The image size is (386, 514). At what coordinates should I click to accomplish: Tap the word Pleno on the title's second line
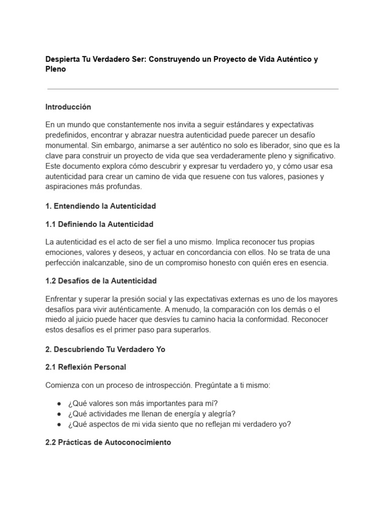(55, 69)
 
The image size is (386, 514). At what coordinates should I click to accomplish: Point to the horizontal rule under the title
(192, 89)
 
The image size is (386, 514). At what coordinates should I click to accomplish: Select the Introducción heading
(68, 107)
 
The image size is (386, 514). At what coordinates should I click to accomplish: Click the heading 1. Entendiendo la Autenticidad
(101, 206)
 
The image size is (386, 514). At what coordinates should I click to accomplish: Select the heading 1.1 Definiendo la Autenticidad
(99, 224)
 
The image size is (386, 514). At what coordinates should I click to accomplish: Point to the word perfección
(64, 263)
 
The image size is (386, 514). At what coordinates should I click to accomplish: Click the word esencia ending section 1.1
(314, 263)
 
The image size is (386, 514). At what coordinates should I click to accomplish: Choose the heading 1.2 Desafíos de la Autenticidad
(101, 281)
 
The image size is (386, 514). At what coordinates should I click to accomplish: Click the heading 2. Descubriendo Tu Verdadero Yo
(105, 349)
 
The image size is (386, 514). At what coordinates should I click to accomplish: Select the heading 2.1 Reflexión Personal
(85, 367)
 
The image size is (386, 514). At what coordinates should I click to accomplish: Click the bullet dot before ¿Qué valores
(59, 403)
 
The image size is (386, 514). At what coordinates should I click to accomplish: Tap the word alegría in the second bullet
(220, 413)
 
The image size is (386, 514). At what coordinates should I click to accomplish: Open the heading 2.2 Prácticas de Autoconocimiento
(108, 442)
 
